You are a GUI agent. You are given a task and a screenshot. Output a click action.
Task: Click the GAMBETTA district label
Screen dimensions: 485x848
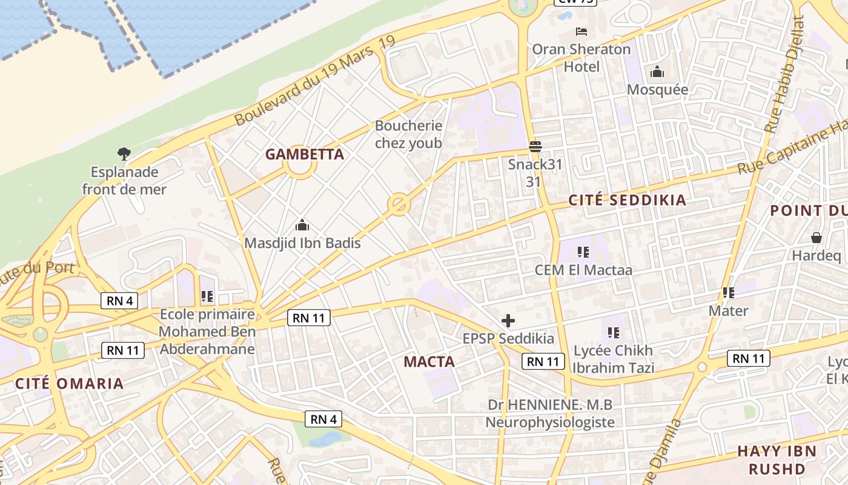pos(304,154)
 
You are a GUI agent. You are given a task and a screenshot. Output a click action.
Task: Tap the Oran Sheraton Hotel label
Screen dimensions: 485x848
pos(581,58)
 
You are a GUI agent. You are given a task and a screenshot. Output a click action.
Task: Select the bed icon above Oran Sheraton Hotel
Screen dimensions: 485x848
pos(581,31)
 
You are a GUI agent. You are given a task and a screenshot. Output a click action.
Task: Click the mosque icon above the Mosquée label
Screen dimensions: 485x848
pos(657,73)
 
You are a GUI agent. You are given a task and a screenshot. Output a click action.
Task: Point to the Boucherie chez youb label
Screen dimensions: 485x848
pos(408,135)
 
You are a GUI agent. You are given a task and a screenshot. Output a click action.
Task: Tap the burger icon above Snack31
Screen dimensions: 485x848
pos(535,146)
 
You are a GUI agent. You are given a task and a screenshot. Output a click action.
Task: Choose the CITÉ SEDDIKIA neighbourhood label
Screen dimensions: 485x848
pos(627,200)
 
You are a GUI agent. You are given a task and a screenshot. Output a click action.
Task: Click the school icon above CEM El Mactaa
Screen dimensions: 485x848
pos(583,252)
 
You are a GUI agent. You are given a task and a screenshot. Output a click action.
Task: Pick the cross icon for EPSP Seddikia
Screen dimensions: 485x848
pos(508,321)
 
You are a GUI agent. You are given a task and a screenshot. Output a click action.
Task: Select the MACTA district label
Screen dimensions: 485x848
pos(429,362)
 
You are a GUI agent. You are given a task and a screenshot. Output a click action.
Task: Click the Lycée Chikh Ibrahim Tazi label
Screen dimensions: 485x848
pos(613,359)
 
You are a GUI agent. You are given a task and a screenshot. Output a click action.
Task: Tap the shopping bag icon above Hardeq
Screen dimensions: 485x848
pos(816,237)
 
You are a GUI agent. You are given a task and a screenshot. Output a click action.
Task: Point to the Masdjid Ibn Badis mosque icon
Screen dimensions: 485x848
pos(302,226)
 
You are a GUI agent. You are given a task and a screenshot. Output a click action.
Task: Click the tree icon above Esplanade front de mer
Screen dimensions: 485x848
pos(124,154)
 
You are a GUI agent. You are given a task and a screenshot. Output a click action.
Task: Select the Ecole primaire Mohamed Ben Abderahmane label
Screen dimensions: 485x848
pos(207,332)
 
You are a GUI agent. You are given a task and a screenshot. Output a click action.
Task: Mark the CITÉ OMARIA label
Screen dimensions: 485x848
pos(69,383)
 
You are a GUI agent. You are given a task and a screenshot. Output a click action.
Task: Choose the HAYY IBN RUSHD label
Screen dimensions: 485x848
pos(777,460)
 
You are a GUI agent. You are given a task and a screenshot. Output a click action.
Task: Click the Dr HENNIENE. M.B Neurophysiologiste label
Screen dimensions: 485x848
pos(550,413)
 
